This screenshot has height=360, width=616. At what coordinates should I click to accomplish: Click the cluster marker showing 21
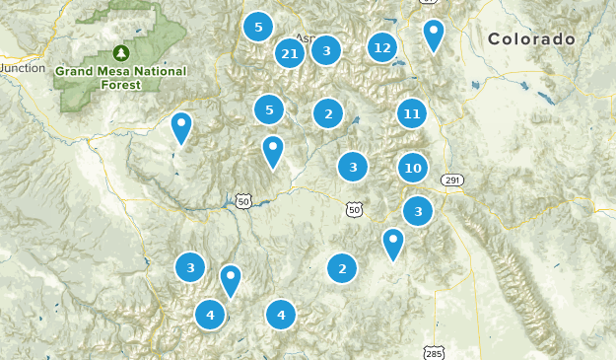pyautogui.click(x=290, y=53)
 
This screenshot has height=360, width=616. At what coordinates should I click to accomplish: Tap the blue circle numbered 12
pyautogui.click(x=382, y=46)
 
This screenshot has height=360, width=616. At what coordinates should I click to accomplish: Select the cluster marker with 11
pyautogui.click(x=412, y=114)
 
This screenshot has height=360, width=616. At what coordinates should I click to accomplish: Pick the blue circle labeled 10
pyautogui.click(x=413, y=169)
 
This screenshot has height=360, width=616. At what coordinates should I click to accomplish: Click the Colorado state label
pyautogui.click(x=531, y=39)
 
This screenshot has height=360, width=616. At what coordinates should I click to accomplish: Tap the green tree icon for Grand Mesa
pyautogui.click(x=121, y=52)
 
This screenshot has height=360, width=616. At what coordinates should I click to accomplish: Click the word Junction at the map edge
pyautogui.click(x=24, y=68)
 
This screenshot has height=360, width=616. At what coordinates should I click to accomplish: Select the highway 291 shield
pyautogui.click(x=451, y=180)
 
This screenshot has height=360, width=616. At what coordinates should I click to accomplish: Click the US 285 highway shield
pyautogui.click(x=435, y=352)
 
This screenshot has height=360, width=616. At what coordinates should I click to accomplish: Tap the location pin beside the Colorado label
pyautogui.click(x=433, y=36)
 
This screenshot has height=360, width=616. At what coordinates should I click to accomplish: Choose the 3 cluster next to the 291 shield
pyautogui.click(x=418, y=211)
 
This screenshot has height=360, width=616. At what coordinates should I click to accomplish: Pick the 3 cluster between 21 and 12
pyautogui.click(x=326, y=49)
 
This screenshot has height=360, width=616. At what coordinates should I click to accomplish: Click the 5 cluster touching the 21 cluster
pyautogui.click(x=258, y=28)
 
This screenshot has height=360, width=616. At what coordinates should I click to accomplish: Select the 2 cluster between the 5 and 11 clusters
pyautogui.click(x=328, y=114)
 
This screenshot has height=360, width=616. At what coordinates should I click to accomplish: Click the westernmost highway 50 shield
pyautogui.click(x=244, y=201)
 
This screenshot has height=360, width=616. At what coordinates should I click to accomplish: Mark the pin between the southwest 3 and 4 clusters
pyautogui.click(x=230, y=281)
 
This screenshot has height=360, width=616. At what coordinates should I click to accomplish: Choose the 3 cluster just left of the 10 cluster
pyautogui.click(x=353, y=168)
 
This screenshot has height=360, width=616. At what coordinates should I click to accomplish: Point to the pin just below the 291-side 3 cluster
pyautogui.click(x=393, y=244)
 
